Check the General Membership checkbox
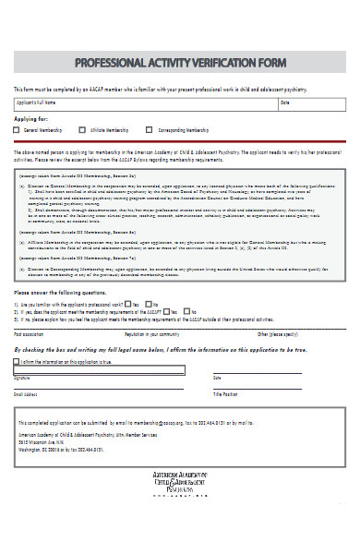[16, 129]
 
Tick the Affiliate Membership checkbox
[83, 129]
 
